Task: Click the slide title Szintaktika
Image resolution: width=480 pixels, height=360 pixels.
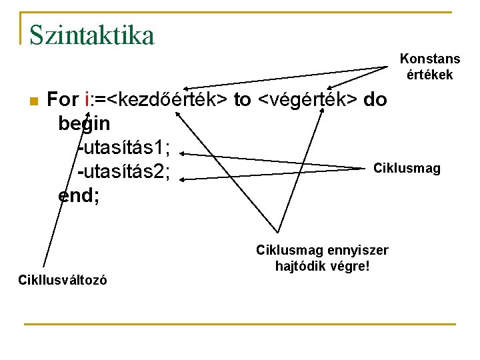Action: coord(91,35)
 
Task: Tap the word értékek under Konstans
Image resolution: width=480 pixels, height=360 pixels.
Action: coord(429,75)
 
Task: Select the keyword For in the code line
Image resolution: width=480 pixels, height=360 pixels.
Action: coord(63,100)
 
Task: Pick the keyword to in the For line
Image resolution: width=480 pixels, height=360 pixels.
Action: coord(242,100)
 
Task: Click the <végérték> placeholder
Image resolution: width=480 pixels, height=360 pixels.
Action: coord(307,100)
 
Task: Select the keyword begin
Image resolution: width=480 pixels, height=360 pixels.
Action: coord(84,125)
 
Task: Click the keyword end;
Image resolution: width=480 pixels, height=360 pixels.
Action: coord(79,196)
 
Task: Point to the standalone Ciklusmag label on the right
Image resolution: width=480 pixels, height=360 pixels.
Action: coord(407,168)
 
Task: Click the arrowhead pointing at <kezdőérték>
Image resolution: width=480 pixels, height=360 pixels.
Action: coord(187,89)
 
